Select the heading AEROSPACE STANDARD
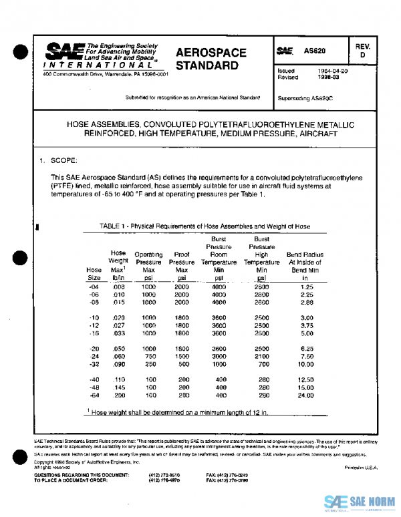(x=211, y=59)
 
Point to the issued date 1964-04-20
(x=333, y=71)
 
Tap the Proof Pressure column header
(x=182, y=263)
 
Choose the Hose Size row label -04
(x=94, y=286)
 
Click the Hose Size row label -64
(x=94, y=395)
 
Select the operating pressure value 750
(x=149, y=357)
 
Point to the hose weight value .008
(x=118, y=286)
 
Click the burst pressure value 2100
(x=262, y=357)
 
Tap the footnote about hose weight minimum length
(x=178, y=412)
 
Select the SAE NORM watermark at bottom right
(x=360, y=502)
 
